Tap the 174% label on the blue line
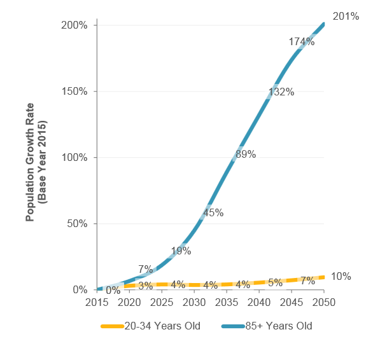[x=302, y=41]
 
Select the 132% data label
[x=281, y=92]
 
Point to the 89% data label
[x=245, y=154]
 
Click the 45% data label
[x=213, y=212]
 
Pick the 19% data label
[x=181, y=251]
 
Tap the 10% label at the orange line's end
[x=341, y=276]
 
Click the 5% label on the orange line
[x=275, y=282]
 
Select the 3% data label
[x=145, y=286]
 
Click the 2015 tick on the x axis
[x=97, y=301]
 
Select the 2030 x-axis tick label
[x=194, y=301]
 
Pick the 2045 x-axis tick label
[x=292, y=301]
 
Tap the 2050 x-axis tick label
[x=324, y=301]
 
